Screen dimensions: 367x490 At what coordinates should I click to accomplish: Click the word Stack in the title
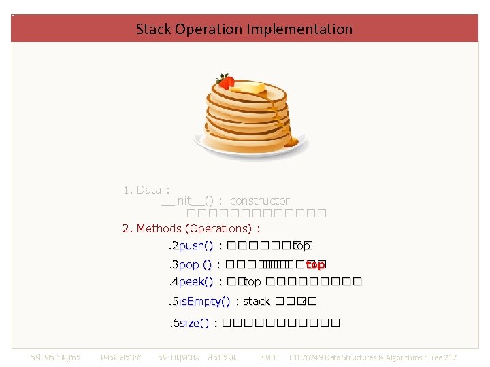point(154,29)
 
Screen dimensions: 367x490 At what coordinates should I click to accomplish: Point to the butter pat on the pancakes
point(250,88)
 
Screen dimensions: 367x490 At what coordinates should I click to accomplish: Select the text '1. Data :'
point(146,190)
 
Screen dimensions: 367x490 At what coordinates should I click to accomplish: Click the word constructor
point(259,200)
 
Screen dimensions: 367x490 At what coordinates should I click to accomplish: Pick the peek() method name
point(196,281)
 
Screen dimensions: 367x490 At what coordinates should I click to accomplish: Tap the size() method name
point(194,323)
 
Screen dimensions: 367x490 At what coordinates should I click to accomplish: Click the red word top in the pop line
point(315,264)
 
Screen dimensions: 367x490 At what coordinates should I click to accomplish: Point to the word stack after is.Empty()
point(257,301)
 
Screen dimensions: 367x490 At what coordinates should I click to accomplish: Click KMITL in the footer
point(271,357)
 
